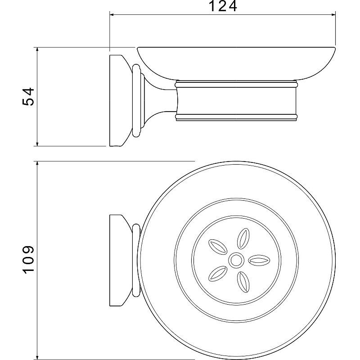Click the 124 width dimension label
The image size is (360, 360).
click(223, 6)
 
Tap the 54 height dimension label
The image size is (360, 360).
click(28, 97)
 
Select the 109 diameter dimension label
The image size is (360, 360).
click(28, 260)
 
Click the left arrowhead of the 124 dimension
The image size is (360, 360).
click(112, 15)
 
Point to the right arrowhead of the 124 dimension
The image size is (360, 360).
click(333, 15)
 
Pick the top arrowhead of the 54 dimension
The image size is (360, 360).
click(37, 49)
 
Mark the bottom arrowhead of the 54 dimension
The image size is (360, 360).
click(37, 144)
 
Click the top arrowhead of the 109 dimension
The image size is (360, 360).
click(37, 163)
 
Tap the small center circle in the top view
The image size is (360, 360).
click(236, 261)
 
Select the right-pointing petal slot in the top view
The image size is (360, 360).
click(259, 261)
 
